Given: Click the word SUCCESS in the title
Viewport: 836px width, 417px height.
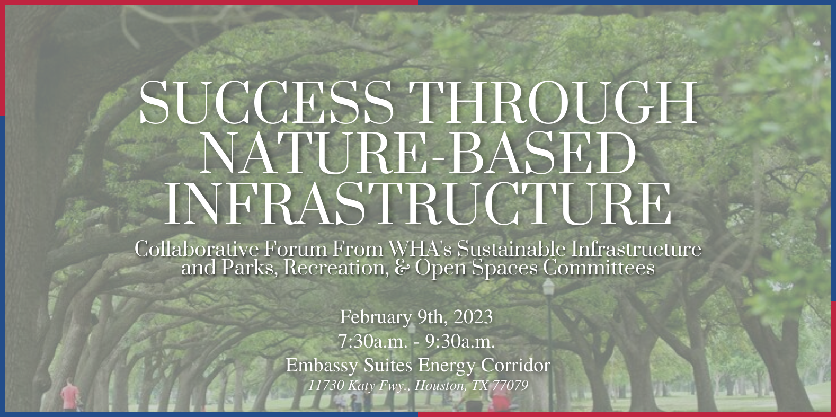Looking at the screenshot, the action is tap(266, 102).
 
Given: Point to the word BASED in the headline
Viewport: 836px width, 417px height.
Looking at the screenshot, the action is tap(541, 153).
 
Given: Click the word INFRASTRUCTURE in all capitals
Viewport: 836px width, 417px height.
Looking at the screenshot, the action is tap(417, 203).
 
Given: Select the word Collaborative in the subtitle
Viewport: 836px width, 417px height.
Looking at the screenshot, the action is tap(197, 249).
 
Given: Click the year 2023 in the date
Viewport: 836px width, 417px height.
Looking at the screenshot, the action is tap(473, 317).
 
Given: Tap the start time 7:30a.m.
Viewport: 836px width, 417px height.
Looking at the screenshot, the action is tap(372, 342).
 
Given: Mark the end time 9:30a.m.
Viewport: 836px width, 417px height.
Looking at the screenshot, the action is tap(460, 342).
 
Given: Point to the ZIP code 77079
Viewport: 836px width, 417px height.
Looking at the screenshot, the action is tap(510, 385).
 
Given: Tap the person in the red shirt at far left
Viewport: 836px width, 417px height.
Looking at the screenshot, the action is tap(69, 395).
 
